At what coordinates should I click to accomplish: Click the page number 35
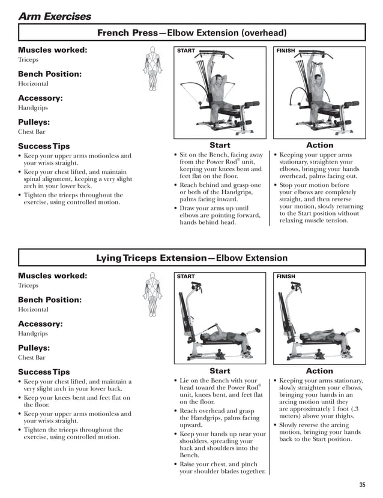362,485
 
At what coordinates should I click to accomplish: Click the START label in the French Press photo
186,51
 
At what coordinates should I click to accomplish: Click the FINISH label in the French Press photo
286,51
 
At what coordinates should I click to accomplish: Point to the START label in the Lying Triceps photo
186,276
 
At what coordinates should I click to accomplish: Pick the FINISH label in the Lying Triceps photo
286,276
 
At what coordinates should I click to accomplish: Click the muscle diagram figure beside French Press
152,70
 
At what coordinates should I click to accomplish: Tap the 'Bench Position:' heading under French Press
50,74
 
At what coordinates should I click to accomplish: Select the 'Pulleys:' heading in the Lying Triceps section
34,348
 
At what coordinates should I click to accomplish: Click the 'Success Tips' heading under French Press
44,146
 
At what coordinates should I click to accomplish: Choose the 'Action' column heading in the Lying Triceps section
319,371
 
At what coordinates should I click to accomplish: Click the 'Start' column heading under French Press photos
220,145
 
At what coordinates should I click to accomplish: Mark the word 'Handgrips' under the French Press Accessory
32,108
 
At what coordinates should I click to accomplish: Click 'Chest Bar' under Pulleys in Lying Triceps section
32,358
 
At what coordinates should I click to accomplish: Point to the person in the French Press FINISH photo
316,90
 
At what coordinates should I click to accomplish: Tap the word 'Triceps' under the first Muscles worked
28,61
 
